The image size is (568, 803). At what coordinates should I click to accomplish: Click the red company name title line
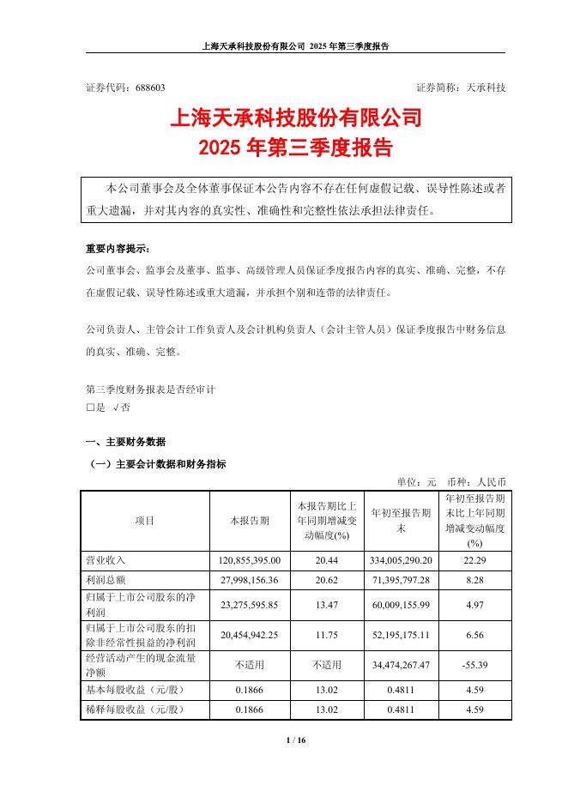tap(296, 118)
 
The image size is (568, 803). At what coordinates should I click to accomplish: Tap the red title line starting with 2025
tap(296, 148)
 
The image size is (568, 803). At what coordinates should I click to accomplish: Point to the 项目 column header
tap(144, 521)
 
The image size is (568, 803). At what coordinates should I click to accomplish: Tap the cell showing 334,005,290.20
tap(402, 559)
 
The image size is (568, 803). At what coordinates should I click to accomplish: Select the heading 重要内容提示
tap(117, 250)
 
